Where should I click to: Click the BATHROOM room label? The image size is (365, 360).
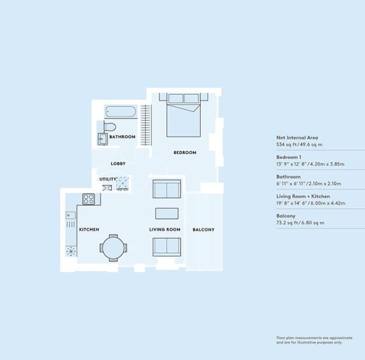tap(122, 137)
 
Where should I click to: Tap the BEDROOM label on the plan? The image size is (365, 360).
tap(185, 153)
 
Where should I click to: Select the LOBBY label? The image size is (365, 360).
tap(118, 164)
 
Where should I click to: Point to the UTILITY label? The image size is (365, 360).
tap(108, 179)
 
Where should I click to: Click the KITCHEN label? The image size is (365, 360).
tap(89, 229)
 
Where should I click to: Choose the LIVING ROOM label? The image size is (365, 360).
tap(165, 229)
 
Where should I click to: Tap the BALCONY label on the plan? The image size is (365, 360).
tap(203, 230)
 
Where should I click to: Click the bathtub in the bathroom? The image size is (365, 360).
tap(120, 112)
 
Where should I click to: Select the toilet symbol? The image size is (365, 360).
tap(109, 127)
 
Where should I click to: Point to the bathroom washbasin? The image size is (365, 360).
tap(102, 139)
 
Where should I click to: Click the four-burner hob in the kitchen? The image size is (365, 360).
tap(89, 199)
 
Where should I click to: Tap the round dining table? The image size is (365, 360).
tap(113, 248)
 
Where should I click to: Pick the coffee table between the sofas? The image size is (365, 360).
tap(167, 213)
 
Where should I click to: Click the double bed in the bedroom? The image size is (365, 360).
tap(184, 115)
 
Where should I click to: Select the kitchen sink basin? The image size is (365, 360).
tap(71, 215)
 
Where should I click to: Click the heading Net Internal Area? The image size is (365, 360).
tap(297, 138)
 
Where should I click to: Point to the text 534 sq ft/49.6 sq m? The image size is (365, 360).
tap(299, 145)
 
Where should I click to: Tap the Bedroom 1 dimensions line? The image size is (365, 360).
tap(310, 164)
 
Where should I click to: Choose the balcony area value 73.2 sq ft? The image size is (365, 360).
tap(287, 223)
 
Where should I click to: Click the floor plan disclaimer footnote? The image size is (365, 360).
tap(315, 340)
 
